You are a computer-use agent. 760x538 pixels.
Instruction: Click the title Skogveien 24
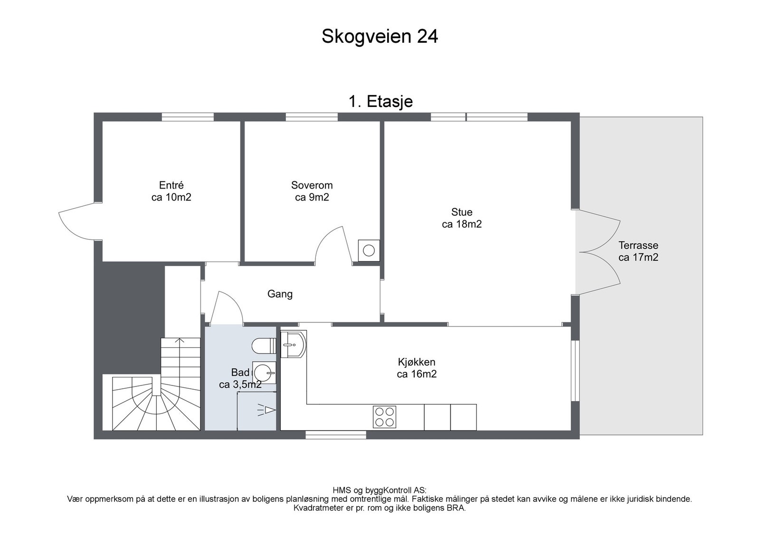(x=380, y=36)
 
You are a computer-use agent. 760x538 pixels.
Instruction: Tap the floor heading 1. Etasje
(x=380, y=102)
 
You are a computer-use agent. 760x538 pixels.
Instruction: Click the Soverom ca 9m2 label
(x=312, y=191)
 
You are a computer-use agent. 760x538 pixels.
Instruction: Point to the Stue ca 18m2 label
(x=462, y=218)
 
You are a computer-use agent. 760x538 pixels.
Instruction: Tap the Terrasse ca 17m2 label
(x=638, y=251)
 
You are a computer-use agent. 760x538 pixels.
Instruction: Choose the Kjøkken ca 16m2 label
(x=417, y=368)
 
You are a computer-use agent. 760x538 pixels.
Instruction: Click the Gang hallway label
(x=280, y=294)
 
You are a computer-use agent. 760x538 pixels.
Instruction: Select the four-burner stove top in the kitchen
(x=384, y=417)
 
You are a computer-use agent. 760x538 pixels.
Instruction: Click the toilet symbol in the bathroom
(x=264, y=346)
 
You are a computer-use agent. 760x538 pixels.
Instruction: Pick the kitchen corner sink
(x=294, y=344)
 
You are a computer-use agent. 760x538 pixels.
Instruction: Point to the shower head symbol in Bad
(x=266, y=410)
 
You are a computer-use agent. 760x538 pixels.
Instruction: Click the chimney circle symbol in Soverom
(x=369, y=251)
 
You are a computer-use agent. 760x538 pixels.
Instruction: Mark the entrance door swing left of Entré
(x=76, y=221)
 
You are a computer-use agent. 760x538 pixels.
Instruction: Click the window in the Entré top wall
(x=188, y=117)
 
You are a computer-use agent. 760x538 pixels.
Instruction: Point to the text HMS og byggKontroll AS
(x=380, y=490)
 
